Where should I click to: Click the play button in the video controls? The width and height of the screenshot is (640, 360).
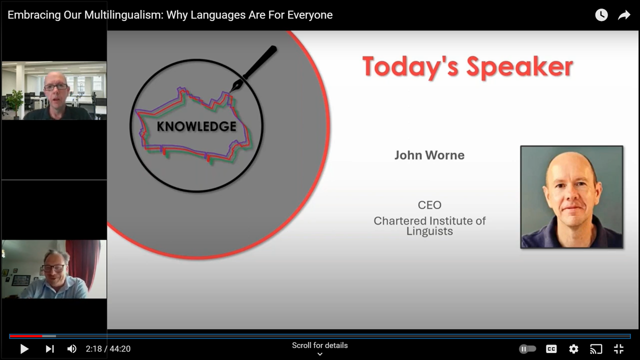click(x=24, y=349)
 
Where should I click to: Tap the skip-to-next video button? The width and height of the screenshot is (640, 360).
click(x=49, y=349)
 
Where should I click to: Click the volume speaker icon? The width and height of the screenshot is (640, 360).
click(x=71, y=349)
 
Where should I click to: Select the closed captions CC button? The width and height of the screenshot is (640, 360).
click(x=551, y=349)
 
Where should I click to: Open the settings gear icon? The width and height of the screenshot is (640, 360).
click(x=573, y=349)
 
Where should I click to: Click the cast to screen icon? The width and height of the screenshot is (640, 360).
click(x=596, y=349)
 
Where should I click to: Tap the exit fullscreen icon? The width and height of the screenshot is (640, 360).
click(x=618, y=349)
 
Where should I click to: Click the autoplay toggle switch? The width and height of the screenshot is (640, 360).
click(x=527, y=349)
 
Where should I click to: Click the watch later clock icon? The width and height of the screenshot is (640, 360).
click(x=601, y=15)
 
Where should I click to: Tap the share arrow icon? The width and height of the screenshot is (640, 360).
click(x=624, y=15)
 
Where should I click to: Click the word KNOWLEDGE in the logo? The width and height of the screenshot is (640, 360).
click(x=196, y=126)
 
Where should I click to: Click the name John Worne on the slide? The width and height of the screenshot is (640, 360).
click(x=429, y=155)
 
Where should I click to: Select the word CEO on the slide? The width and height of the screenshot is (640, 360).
click(x=429, y=205)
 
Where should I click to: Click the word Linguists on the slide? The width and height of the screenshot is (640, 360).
click(x=429, y=231)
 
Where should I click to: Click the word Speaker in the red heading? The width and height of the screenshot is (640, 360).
click(x=519, y=67)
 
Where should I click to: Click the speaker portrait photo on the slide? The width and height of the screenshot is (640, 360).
click(x=571, y=197)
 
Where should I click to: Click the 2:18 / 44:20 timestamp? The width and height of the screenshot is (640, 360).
click(x=108, y=349)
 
